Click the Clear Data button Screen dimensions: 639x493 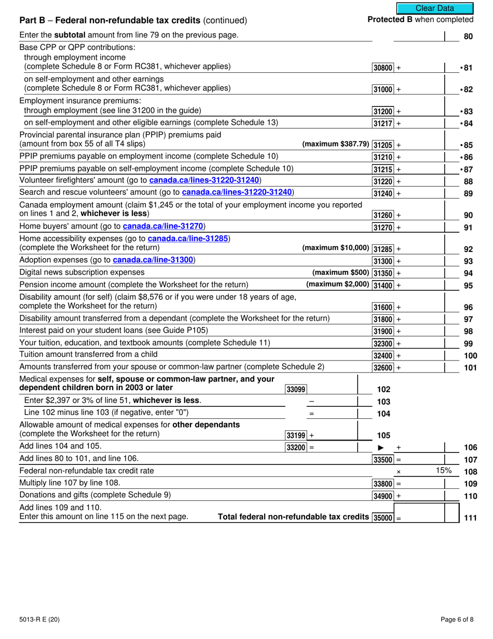pos(435,8)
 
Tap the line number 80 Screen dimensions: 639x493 pos(468,37)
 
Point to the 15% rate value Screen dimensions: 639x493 pos(444,471)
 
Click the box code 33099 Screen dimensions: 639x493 pos(296,390)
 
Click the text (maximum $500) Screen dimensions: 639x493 pos(340,273)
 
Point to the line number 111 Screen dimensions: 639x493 pos(470,517)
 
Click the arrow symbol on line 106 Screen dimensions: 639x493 pos(381,447)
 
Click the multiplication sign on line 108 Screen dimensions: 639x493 pos(399,472)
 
